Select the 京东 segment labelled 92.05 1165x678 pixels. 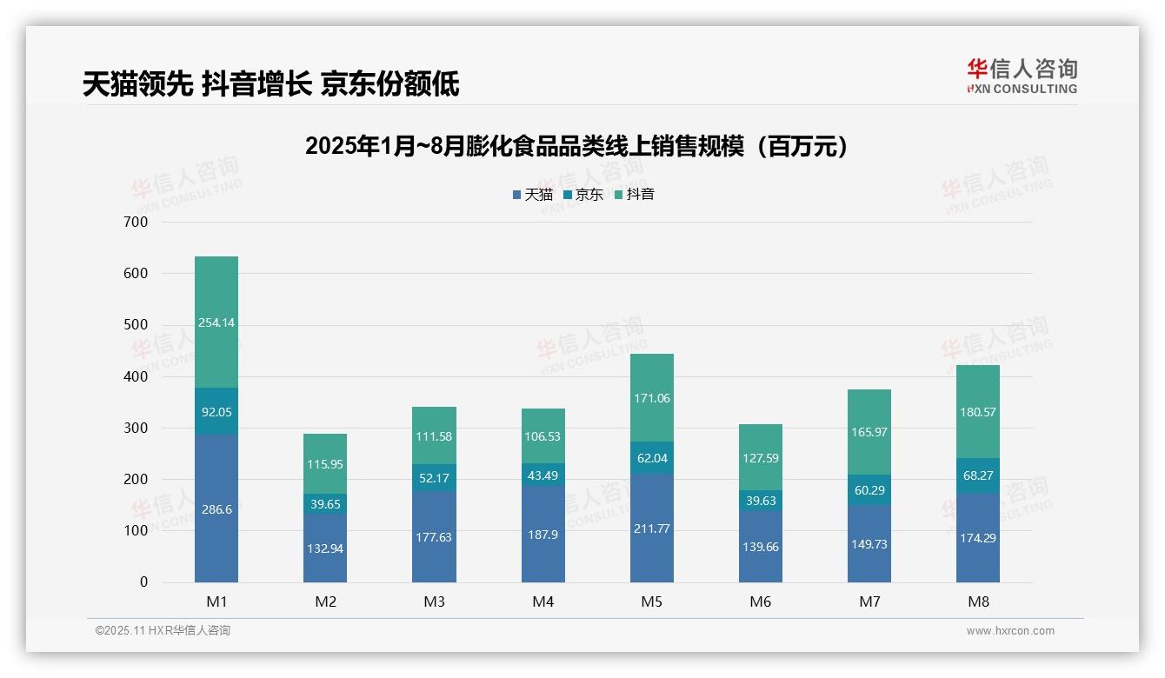[x=216, y=411]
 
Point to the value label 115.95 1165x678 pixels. [x=325, y=464]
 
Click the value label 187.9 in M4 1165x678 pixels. [x=543, y=534]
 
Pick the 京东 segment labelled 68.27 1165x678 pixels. [x=978, y=476]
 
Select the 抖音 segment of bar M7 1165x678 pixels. [x=869, y=432]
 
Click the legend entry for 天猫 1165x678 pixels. [x=533, y=195]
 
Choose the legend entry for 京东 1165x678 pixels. [x=583, y=195]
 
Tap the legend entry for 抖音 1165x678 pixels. [x=635, y=195]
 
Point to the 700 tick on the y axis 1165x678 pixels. [x=136, y=222]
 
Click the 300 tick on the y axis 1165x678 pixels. [x=136, y=428]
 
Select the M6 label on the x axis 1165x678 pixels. [x=760, y=602]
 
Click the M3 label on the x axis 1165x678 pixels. [x=434, y=602]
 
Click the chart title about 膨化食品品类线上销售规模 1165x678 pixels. [x=576, y=146]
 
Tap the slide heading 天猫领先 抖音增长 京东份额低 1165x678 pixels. [x=270, y=84]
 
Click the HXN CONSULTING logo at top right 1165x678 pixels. [x=1022, y=76]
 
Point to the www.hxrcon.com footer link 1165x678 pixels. [x=1010, y=631]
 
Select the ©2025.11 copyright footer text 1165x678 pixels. [x=163, y=631]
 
